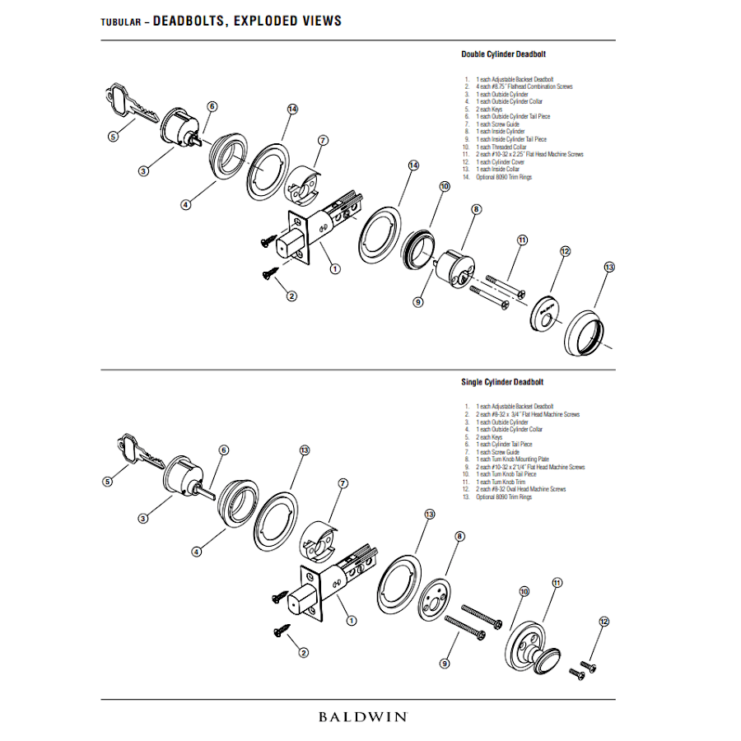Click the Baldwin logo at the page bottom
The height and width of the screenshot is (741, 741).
(x=362, y=716)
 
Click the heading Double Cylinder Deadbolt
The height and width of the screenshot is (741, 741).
(x=502, y=54)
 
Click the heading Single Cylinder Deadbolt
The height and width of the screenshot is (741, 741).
(x=502, y=382)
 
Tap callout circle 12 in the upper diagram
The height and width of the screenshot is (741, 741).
(x=565, y=251)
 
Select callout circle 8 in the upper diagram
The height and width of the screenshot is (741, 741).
(x=475, y=210)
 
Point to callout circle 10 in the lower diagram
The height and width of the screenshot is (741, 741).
(x=524, y=592)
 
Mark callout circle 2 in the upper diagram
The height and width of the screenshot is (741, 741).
(x=291, y=296)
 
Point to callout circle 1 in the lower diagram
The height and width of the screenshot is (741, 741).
(x=352, y=621)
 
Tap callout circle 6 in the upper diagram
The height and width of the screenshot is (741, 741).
(x=212, y=106)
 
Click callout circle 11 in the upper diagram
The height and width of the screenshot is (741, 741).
(x=522, y=240)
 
